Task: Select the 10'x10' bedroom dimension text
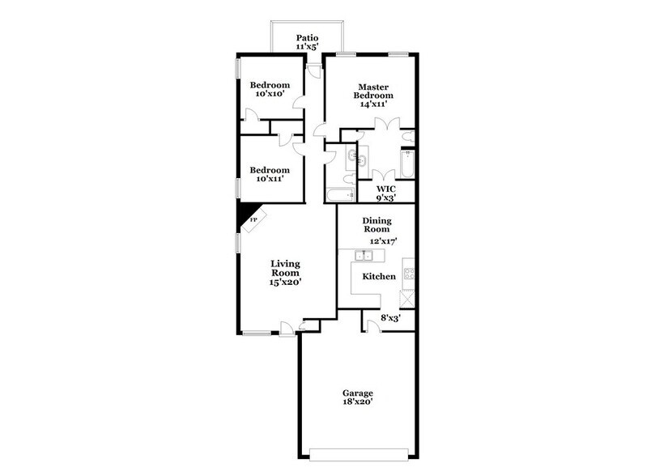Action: [270, 95]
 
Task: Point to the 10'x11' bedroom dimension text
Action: [270, 180]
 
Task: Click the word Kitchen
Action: [379, 277]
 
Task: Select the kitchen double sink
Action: [365, 257]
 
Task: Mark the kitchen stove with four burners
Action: [410, 274]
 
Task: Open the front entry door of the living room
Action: [287, 328]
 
